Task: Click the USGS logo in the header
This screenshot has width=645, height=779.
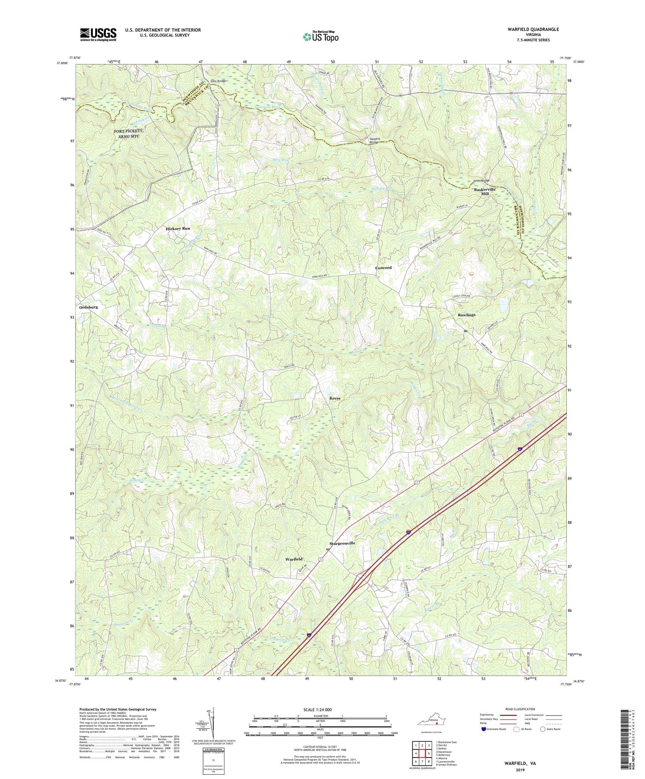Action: point(98,34)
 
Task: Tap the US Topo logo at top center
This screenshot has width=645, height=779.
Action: point(320,37)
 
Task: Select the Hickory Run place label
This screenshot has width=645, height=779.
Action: point(178,229)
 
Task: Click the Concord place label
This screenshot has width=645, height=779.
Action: point(383,268)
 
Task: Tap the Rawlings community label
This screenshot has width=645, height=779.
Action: point(467,315)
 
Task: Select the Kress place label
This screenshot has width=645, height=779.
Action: point(335,398)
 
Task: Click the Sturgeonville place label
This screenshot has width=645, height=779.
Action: point(342,543)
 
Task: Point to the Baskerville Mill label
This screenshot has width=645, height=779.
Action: point(485,192)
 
